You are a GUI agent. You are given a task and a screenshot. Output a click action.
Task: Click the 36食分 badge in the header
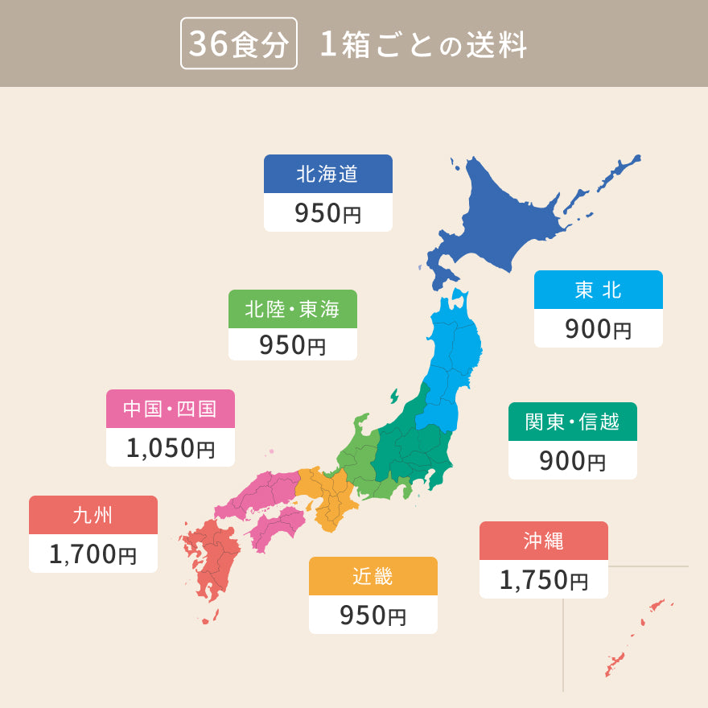(239, 44)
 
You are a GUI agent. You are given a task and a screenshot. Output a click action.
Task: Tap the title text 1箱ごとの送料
(423, 45)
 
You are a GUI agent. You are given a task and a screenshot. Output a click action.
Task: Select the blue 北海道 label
(327, 174)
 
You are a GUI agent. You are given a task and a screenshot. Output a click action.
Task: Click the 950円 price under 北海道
(327, 213)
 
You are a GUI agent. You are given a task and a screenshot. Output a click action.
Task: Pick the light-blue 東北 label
(598, 290)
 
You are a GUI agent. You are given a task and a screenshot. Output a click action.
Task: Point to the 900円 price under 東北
(598, 329)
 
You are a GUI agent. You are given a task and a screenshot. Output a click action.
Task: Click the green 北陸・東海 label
(292, 309)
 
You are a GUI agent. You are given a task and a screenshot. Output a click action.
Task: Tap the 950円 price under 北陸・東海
(292, 345)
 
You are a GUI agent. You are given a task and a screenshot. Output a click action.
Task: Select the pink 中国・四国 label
(170, 409)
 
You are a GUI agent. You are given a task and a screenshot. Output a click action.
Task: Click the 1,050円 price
(170, 448)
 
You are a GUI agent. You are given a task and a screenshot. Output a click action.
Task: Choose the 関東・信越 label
(572, 422)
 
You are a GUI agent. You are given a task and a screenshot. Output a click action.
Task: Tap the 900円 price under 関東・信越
(572, 461)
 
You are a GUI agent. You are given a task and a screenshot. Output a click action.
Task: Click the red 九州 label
(93, 515)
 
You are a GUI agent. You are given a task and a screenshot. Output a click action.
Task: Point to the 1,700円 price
(93, 554)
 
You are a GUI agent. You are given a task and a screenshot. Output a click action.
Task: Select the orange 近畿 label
(373, 576)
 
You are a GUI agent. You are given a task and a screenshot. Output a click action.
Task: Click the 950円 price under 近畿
(373, 615)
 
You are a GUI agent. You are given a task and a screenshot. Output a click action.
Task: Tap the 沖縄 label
(543, 541)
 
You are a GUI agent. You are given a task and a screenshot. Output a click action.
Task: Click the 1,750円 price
(543, 580)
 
